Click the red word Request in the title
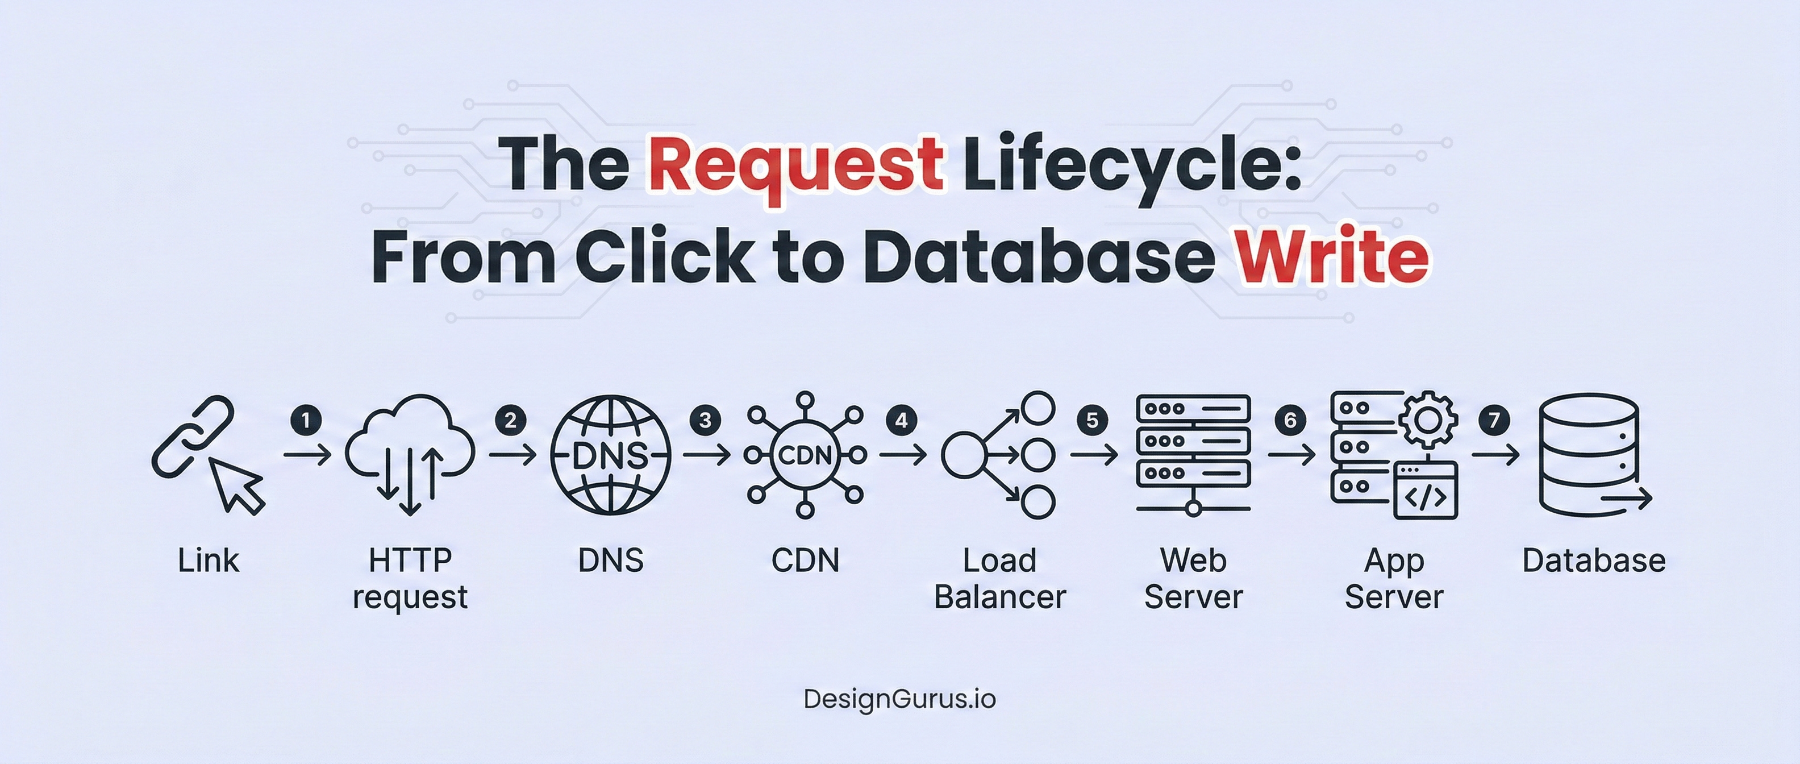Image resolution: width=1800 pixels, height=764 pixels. pos(796,165)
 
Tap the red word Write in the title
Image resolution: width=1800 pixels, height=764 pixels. pos(1332,256)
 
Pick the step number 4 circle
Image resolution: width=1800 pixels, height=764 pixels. pos(901,420)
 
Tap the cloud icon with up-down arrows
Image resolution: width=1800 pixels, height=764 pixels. pos(410,451)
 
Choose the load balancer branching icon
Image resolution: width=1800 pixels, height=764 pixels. pos(999,455)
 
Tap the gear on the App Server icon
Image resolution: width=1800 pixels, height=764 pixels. pos(1428,420)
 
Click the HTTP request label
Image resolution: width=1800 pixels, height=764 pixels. pos(410,579)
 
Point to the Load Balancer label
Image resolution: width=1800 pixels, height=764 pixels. pos(999,579)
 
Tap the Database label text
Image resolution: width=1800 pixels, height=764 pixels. pos(1593,560)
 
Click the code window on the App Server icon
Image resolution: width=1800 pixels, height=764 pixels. pos(1426,491)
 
